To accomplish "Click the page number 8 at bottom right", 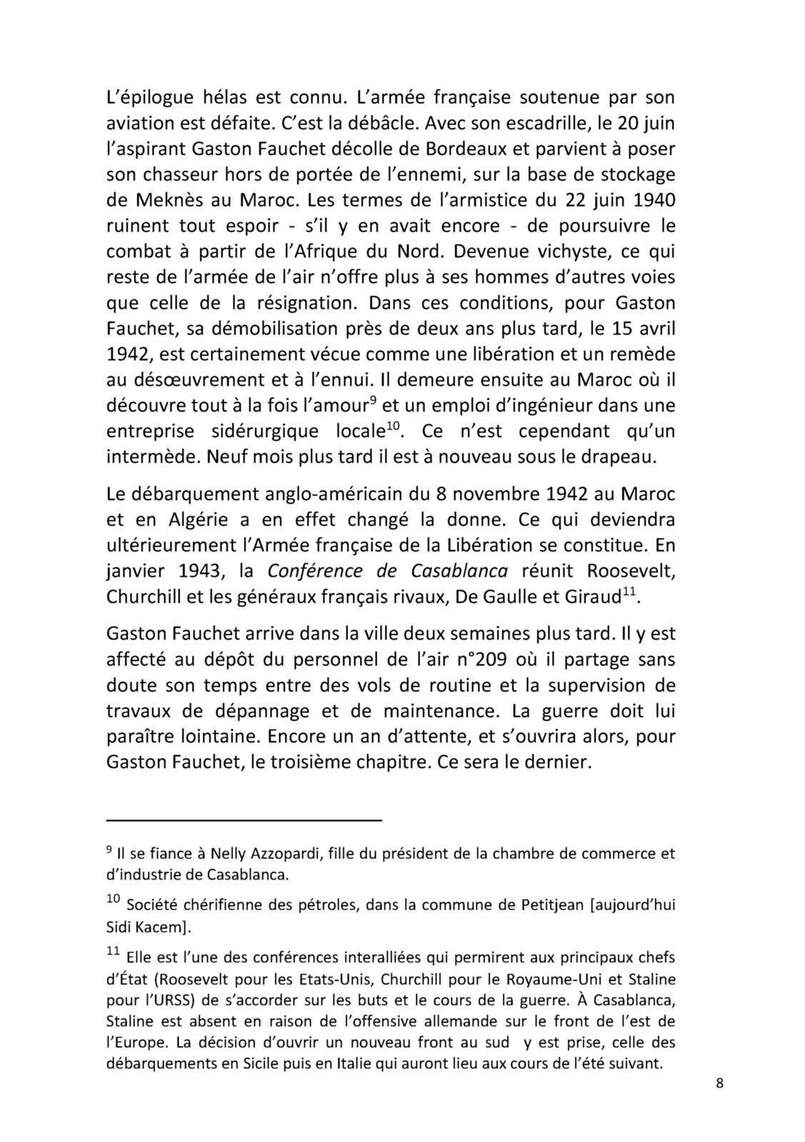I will tap(719, 1083).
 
